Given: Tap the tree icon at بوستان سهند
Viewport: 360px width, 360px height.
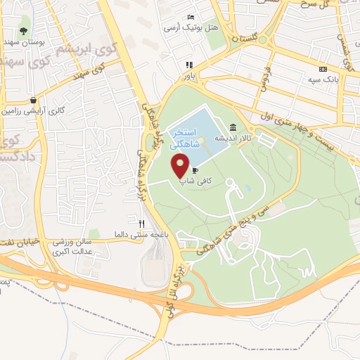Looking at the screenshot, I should (x=24, y=30).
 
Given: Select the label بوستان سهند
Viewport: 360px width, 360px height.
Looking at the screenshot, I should (x=30, y=42).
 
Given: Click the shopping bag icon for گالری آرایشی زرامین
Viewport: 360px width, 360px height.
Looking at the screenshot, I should (x=33, y=101).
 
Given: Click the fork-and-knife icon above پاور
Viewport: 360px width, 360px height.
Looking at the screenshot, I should (x=189, y=65).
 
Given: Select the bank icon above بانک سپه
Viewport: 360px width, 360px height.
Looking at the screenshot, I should (x=322, y=69).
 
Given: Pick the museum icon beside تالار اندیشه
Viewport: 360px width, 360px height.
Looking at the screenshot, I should (x=233, y=129).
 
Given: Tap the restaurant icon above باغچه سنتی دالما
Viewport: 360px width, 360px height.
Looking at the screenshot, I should (x=142, y=224).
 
